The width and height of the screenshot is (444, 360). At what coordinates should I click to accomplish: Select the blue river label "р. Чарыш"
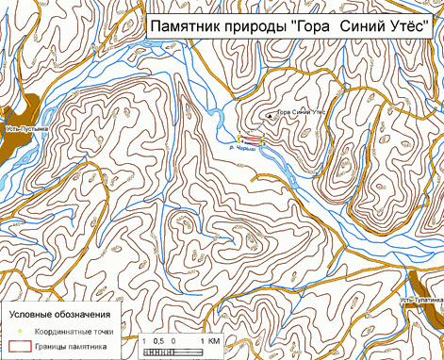pyautogui.click(x=242, y=149)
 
